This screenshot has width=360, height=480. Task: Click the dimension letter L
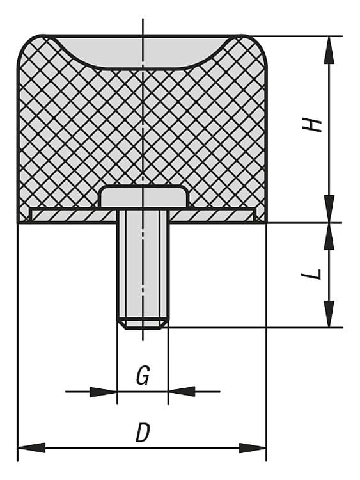tap(311, 275)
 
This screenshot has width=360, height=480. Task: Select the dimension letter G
tap(143, 375)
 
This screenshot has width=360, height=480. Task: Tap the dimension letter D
tap(143, 432)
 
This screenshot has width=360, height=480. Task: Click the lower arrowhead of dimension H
tap(329, 209)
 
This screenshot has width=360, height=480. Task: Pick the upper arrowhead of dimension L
tap(329, 236)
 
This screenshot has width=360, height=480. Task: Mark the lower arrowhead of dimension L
tap(329, 314)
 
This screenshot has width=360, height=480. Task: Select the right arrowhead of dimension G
tap(182, 392)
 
